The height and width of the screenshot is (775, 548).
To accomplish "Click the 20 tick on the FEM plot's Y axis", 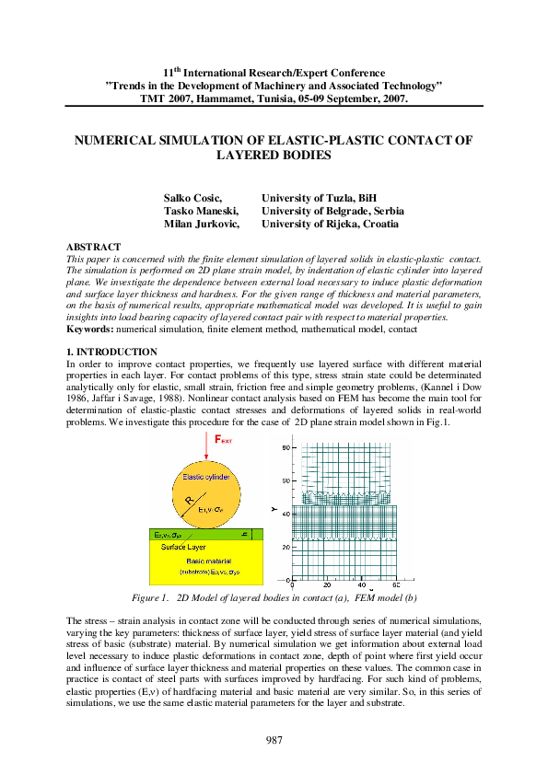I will (286, 547).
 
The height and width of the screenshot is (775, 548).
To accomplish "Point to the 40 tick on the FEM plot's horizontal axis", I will (361, 584).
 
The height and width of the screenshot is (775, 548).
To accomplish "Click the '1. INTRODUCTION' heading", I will (106, 352).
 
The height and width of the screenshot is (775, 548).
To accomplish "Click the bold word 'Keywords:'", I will (93, 329).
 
